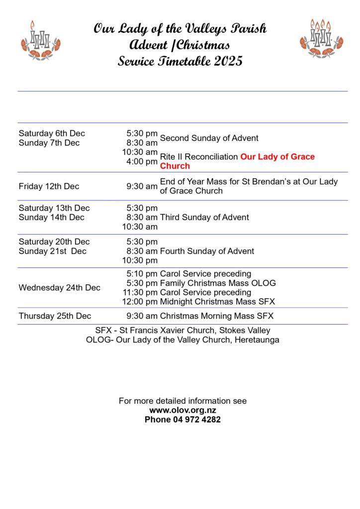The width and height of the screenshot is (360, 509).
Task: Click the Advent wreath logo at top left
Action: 40,40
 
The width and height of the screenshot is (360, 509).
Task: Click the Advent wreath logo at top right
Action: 321,38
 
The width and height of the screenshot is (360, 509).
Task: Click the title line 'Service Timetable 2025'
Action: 180,61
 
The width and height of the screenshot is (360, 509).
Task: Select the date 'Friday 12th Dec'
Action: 49,186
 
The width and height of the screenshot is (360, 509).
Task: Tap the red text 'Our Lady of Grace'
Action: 277,157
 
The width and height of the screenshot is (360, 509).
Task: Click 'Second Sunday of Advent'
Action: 209,138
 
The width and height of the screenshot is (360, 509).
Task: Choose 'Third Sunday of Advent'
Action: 204,217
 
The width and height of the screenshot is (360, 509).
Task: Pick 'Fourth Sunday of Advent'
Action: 207,251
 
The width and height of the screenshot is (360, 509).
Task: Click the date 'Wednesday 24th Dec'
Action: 59,288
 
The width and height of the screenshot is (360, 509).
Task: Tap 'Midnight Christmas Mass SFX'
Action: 217,302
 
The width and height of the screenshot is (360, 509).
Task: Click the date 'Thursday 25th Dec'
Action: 55,316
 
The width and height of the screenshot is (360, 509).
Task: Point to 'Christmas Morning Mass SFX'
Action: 216,316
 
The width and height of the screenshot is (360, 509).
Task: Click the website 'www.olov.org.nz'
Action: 182,410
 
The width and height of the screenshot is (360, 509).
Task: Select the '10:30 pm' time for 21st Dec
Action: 140,260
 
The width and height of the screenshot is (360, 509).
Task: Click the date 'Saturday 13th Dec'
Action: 54,208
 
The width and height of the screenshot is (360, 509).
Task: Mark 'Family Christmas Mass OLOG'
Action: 218,283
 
